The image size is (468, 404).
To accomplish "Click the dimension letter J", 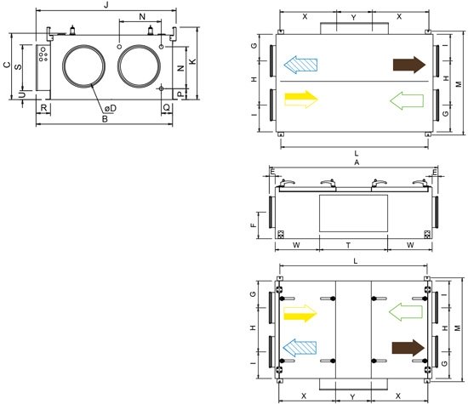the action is click(106, 5).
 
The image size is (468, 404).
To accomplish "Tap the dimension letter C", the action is click(7, 65).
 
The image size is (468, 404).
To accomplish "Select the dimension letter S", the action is click(19, 66).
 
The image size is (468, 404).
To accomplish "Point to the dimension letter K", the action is click(193, 61).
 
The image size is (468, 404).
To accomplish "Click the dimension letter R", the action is click(43, 108).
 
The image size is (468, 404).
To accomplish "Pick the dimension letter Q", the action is click(167, 107).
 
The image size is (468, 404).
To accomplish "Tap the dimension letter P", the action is click(180, 94).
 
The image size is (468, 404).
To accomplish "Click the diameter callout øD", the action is click(111, 108).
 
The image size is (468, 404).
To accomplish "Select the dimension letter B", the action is click(105, 119).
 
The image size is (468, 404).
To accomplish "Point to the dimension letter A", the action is click(357, 162).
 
